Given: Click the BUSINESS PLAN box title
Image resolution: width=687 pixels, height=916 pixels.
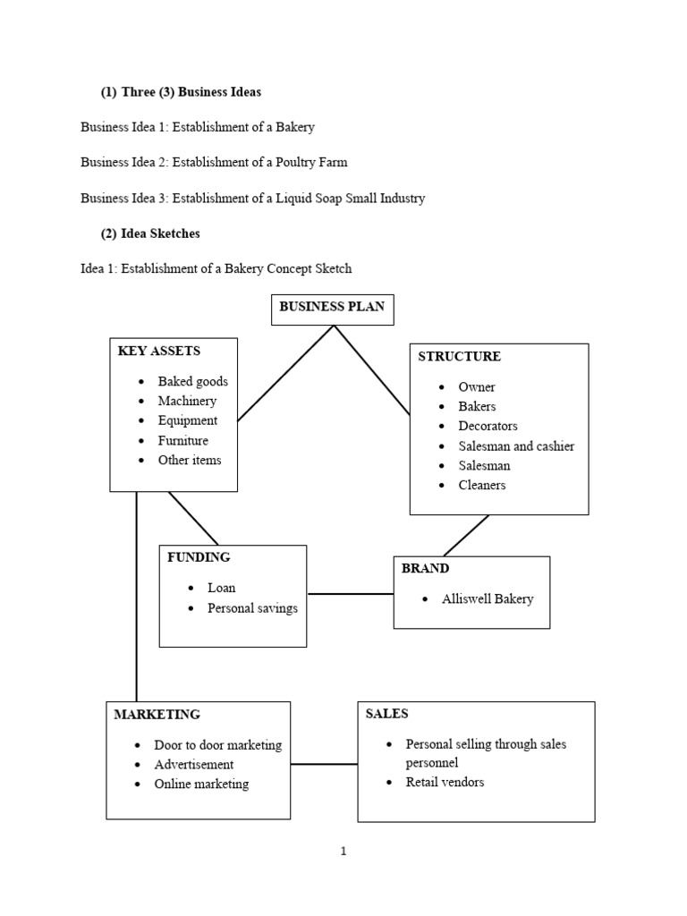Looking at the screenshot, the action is pos(332,307).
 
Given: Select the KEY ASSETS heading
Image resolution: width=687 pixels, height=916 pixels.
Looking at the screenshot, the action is pos(159,351).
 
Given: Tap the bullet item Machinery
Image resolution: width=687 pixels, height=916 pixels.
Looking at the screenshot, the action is pos(187,401).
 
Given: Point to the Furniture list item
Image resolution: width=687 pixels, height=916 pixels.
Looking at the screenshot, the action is pos(182,440).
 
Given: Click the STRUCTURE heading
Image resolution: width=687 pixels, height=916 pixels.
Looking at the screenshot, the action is pos(459,356).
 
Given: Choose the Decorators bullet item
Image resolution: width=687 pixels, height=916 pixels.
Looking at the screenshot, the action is pos(488,426).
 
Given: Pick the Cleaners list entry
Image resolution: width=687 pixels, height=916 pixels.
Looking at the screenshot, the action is pos(482,485).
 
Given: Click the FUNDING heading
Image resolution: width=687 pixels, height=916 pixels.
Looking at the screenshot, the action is pos(199,557).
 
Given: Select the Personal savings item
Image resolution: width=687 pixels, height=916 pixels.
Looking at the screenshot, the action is pos(252,608).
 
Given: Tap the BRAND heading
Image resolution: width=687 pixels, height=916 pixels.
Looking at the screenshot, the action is pos(425,568).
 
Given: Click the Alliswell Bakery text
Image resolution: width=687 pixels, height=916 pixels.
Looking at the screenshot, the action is pos(488,598).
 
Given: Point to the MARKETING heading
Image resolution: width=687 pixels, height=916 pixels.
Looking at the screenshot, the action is pos(157,715).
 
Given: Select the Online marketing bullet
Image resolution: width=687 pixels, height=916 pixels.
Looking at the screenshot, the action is pos(201,784).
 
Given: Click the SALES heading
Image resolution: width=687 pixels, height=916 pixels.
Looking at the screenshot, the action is pos(386,714).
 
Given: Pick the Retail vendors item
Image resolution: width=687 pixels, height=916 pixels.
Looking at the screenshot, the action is pos(445,782).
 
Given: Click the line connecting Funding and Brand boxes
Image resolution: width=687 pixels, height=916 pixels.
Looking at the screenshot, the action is pos(351,594).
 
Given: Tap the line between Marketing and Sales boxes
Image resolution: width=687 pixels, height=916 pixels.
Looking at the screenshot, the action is pos(324,764).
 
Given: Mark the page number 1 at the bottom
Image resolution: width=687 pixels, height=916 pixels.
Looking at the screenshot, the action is pos(343,852).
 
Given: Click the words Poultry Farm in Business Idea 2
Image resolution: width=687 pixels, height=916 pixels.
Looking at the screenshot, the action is pos(311,163).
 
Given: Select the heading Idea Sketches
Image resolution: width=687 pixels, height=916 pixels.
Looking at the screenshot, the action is pos(160,233).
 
